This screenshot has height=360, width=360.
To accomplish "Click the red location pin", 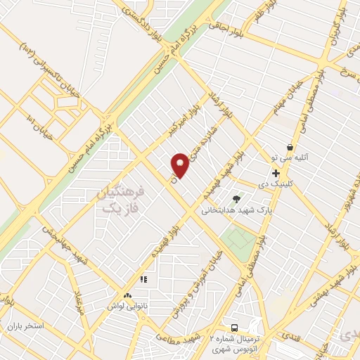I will pos(180,165).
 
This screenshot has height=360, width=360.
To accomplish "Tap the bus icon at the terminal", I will pos(234,328).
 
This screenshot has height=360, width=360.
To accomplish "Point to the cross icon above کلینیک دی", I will pos(276,172).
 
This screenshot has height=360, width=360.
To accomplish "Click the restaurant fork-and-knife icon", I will pos(143,279).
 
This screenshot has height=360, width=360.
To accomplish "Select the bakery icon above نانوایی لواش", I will pos(127,296).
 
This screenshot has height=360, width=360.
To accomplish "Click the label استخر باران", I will pos(27,327).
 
